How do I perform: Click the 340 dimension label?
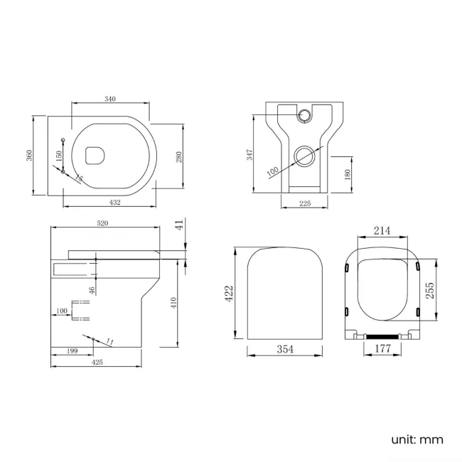coord(110,99)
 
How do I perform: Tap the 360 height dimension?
coord(29,155)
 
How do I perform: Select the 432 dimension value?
coord(115,203)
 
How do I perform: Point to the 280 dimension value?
coord(179,157)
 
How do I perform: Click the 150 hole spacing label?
coord(59,156)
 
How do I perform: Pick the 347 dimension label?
coord(249,155)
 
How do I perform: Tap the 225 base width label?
coord(305,203)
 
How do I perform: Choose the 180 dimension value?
coord(348,174)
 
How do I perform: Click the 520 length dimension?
coord(102,223)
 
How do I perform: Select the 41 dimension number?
coord(181,224)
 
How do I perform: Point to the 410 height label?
coord(173,303)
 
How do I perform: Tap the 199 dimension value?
coord(72,350)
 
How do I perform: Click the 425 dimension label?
coord(97,362)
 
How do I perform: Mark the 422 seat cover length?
coord(229,293)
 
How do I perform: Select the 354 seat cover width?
coord(285,349)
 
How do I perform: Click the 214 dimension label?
coord(382,230)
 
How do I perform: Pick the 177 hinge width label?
coord(382,348)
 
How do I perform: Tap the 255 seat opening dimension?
coord(430,290)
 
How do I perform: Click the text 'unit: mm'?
coord(417,440)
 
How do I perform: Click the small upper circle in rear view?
coord(303,115)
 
